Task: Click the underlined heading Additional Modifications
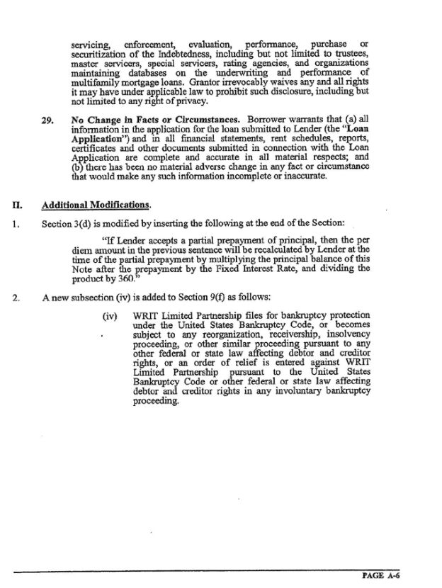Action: [96, 205]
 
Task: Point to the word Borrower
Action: [266, 120]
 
